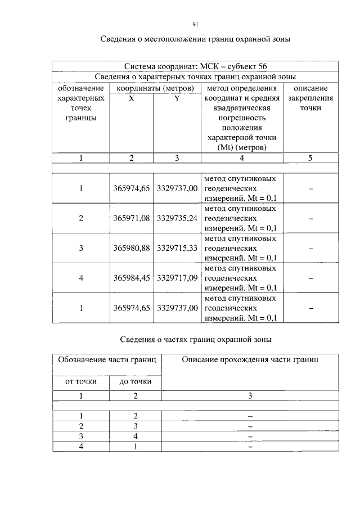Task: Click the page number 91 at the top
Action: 195,24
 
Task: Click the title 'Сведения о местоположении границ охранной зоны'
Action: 195,39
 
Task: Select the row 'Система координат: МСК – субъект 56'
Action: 195,66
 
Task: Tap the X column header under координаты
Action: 131,98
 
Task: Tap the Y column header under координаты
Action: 177,98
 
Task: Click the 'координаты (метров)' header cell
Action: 155,88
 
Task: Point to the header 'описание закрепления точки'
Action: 310,98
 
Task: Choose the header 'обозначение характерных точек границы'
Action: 81,103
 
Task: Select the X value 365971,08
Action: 132,218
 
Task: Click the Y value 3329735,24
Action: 177,218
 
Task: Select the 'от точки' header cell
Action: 81,381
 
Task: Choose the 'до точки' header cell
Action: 135,381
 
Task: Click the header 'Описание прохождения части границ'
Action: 250,360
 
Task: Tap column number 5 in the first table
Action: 310,158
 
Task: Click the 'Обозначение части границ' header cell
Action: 107,360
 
